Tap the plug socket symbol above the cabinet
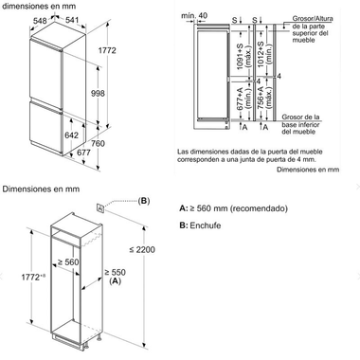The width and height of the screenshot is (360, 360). click(101, 205)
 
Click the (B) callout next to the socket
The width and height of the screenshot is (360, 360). click(144, 201)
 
